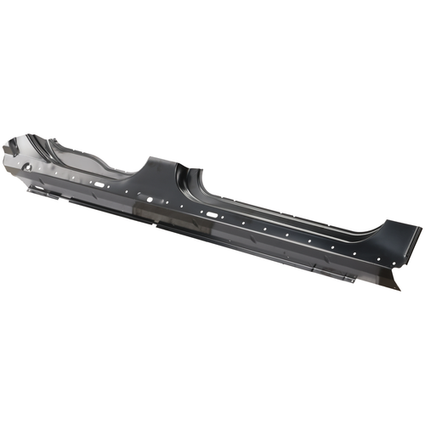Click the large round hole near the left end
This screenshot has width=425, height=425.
pos(27,167)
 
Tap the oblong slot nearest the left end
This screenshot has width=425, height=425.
pos(99,184)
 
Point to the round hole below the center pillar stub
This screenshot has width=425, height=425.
pos(150,199)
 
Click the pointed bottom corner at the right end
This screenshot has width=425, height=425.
pos(397,288)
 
